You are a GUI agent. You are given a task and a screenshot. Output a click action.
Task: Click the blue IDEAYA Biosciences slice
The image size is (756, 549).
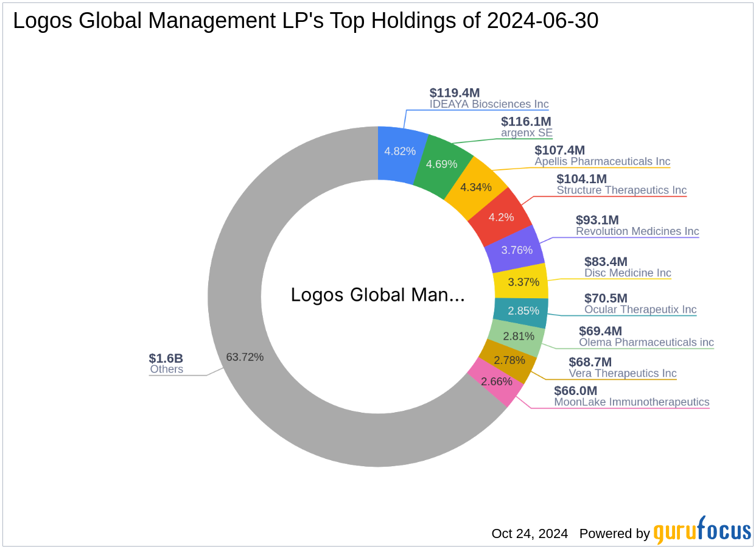(400, 151)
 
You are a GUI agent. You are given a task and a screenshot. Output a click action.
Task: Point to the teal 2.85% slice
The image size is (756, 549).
(520, 310)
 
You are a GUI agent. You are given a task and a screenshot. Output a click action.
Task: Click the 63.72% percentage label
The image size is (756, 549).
(245, 357)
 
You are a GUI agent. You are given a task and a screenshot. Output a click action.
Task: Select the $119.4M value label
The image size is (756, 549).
(455, 93)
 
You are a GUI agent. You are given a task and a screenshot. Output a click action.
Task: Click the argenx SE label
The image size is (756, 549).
(527, 133)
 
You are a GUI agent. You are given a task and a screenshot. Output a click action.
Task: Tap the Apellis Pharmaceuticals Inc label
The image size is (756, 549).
(602, 162)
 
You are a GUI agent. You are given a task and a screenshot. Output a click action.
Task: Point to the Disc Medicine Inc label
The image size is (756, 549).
(628, 273)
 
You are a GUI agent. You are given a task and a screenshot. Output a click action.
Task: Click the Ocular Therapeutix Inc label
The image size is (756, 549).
(640, 310)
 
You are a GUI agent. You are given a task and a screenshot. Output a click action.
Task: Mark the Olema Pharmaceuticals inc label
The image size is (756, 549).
(646, 343)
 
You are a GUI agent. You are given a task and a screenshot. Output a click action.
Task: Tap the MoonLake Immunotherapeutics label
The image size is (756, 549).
(631, 402)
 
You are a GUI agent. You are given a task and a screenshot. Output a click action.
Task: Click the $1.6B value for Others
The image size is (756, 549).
(166, 358)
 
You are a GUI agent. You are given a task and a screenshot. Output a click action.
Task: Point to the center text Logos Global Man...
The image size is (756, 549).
(377, 295)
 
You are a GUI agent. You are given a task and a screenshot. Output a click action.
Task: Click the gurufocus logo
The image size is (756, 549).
(702, 531)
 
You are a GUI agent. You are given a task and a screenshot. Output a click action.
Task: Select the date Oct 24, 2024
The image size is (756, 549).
(530, 534)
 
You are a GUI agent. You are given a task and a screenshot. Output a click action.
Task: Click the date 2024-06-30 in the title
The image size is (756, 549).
(543, 21)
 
